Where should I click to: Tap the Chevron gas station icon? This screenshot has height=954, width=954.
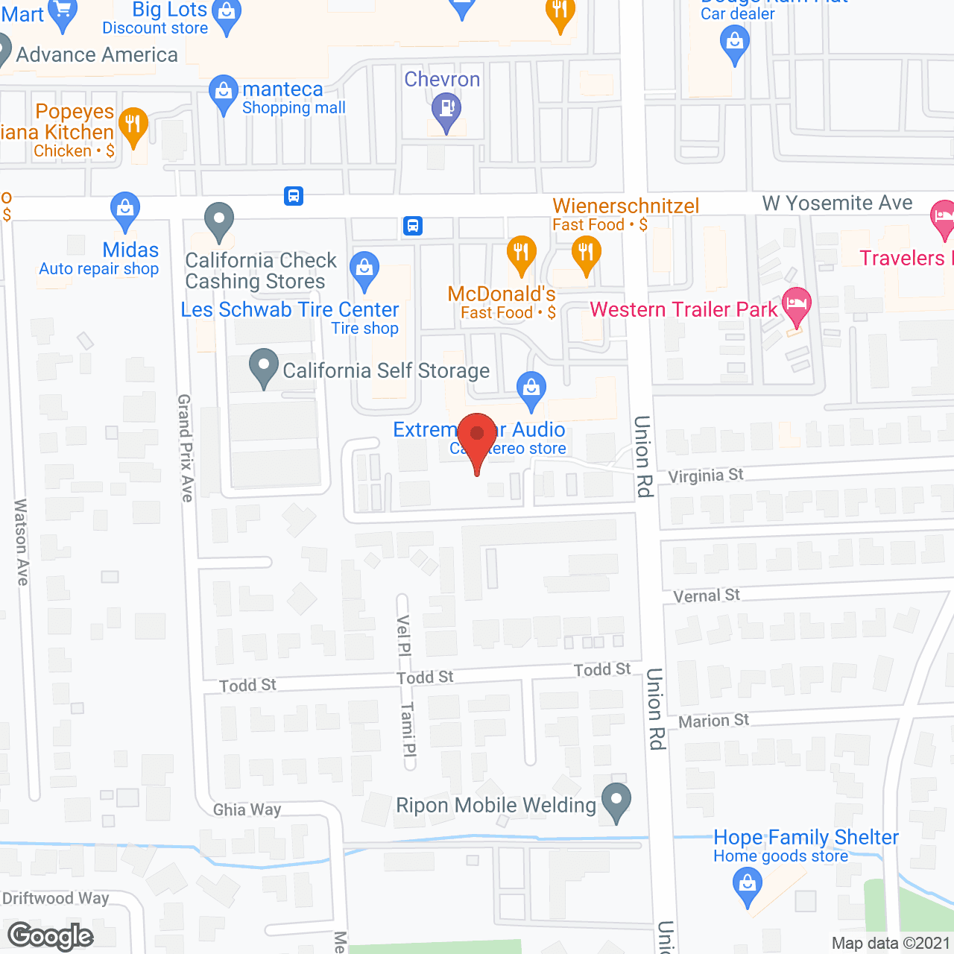point(446,110)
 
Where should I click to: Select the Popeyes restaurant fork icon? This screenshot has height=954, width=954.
point(133,124)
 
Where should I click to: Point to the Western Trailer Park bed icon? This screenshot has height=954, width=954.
point(796,305)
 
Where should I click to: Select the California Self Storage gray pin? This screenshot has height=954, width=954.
point(263,366)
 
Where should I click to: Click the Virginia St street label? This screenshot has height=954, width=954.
point(705,476)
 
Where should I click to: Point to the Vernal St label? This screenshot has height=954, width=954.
point(707,596)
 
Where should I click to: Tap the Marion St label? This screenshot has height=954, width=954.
point(713,721)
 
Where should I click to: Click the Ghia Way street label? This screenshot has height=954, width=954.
point(247,809)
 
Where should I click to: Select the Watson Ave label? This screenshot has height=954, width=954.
point(21,542)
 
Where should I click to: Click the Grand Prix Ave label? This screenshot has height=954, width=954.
point(186,448)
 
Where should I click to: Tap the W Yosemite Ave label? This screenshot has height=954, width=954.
point(837,203)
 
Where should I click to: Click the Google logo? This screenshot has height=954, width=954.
point(51,935)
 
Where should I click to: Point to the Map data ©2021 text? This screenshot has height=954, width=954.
point(891,943)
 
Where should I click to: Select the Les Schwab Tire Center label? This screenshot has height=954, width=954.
point(290,310)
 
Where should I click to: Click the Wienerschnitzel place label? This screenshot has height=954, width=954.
point(625,206)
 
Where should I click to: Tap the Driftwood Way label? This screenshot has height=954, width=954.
point(56,898)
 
